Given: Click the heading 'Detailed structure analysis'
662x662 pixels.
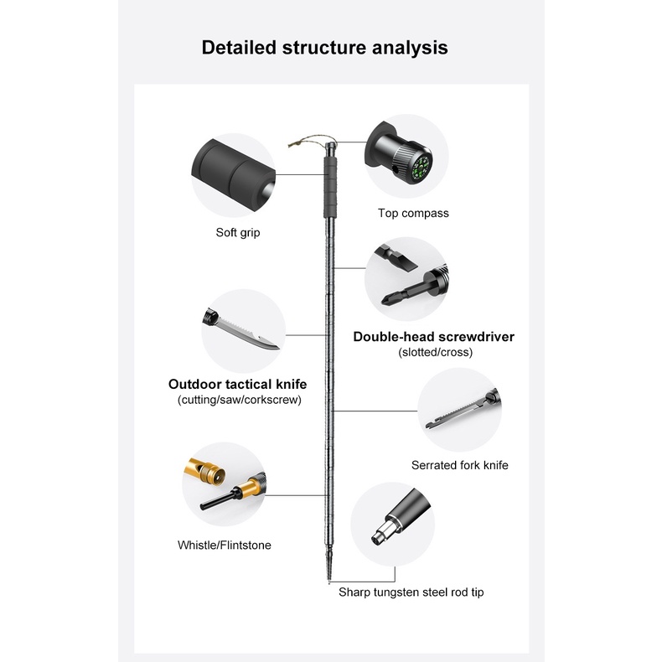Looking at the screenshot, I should pos(324,47).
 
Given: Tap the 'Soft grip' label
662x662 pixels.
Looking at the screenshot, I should pos(238,232).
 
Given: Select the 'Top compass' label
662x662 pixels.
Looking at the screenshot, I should pos(413,213).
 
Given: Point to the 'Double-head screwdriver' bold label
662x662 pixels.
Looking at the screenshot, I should pos(433,337).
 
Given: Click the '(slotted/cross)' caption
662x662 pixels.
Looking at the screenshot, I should pos(435,352).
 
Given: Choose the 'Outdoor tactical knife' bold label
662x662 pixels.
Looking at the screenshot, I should pos(237,384).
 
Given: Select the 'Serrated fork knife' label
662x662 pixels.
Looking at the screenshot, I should pos(459,464).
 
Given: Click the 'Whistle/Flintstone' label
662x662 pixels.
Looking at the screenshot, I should pos(224,545).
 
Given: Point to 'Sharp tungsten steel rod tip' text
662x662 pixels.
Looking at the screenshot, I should pos(411,592).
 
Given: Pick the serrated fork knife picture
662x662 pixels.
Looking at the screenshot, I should pos(457,411).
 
